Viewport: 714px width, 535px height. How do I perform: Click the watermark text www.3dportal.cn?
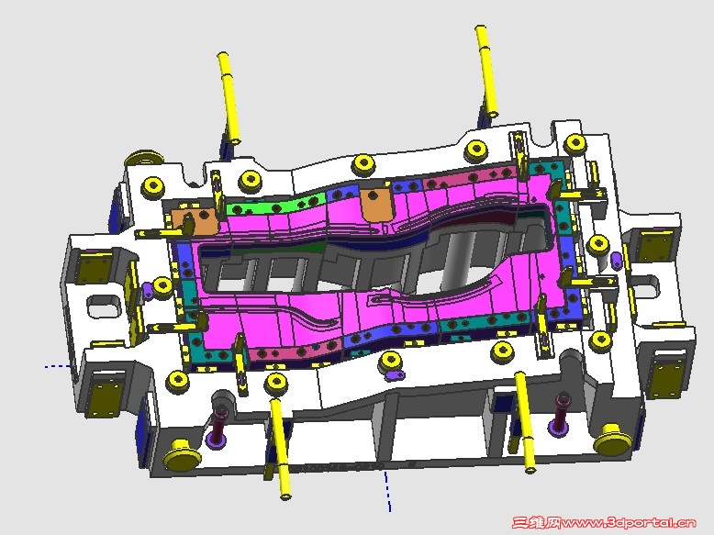tap(629, 523)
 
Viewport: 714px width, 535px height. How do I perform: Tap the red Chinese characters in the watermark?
tap(537, 523)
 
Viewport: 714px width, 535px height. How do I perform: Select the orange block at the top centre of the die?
tap(375, 205)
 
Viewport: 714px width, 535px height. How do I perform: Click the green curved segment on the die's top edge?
tap(275, 206)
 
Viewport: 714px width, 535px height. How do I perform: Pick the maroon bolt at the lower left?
tap(219, 423)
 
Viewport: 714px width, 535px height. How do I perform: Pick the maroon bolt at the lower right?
tap(561, 413)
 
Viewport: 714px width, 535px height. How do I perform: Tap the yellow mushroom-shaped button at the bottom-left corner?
tap(181, 454)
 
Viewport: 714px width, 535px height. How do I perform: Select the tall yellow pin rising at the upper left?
tap(229, 98)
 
